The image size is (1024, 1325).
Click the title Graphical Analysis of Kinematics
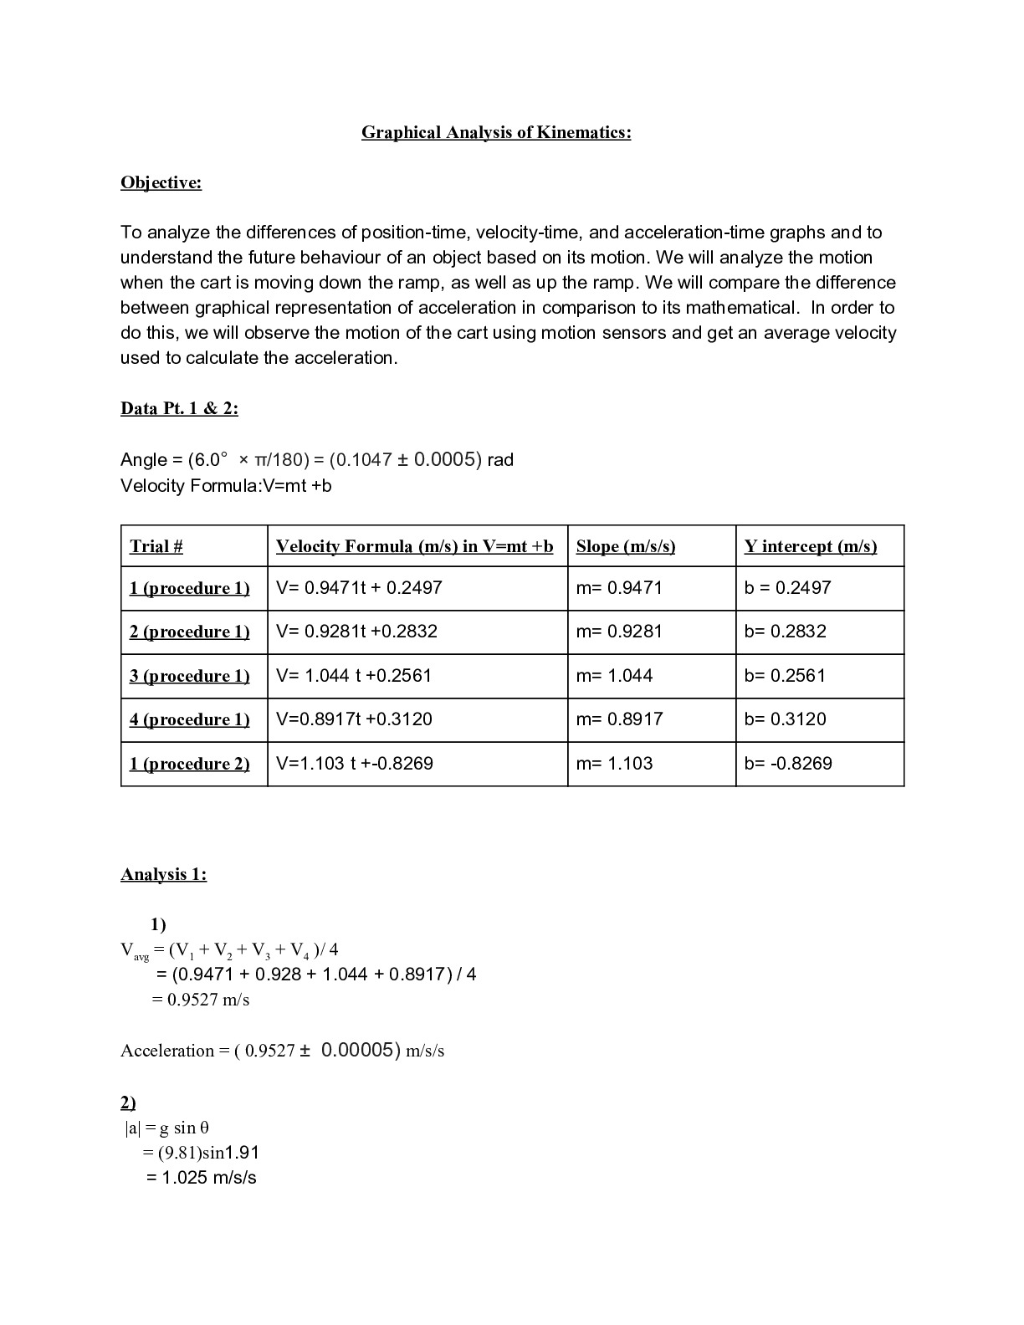coord(496,132)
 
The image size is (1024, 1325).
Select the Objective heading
coord(161,182)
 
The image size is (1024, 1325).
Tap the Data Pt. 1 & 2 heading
coord(179,408)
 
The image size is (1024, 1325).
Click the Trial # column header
coord(156,546)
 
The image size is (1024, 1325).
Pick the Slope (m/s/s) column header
coord(625,546)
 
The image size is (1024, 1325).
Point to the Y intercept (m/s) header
coord(810,546)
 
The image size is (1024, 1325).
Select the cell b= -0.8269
coord(788,763)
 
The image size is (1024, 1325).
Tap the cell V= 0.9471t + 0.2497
coord(359,587)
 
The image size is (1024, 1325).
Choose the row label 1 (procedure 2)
coord(189,763)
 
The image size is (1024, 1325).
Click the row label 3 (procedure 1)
coord(189,675)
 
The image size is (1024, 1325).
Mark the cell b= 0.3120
coord(785,719)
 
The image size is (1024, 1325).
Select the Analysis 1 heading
coord(163,874)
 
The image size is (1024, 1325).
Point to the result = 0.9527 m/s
coord(200,1000)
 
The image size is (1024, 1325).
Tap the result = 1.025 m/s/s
coord(201,1178)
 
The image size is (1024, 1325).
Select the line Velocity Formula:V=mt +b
coord(226,485)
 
